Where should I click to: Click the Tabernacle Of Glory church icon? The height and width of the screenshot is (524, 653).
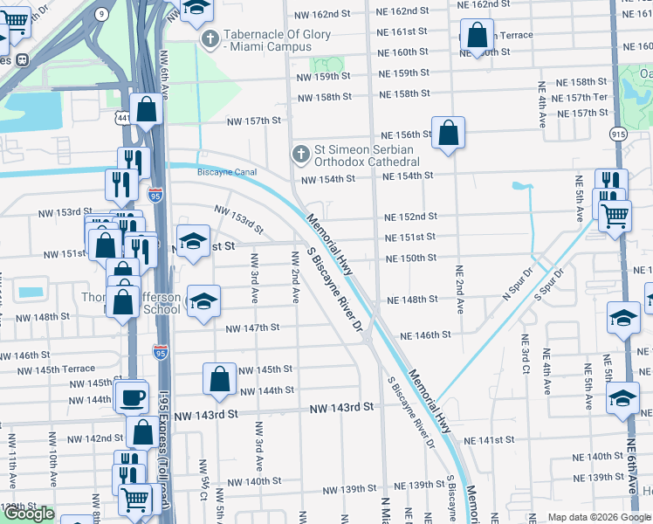[210, 39]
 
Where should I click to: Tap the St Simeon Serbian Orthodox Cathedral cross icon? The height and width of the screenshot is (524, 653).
[300, 155]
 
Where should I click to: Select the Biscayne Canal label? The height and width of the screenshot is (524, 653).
[230, 172]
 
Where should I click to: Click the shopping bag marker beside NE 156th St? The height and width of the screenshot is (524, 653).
[448, 134]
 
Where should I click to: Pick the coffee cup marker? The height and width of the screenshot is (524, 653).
[132, 397]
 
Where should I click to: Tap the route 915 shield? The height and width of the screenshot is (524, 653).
[619, 134]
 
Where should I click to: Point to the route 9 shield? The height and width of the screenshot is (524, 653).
[102, 13]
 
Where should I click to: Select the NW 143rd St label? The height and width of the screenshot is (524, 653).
[342, 408]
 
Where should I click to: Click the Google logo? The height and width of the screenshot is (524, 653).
[29, 514]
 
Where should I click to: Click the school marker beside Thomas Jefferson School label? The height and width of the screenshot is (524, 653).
[203, 301]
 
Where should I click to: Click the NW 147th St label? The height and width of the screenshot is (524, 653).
[252, 328]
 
